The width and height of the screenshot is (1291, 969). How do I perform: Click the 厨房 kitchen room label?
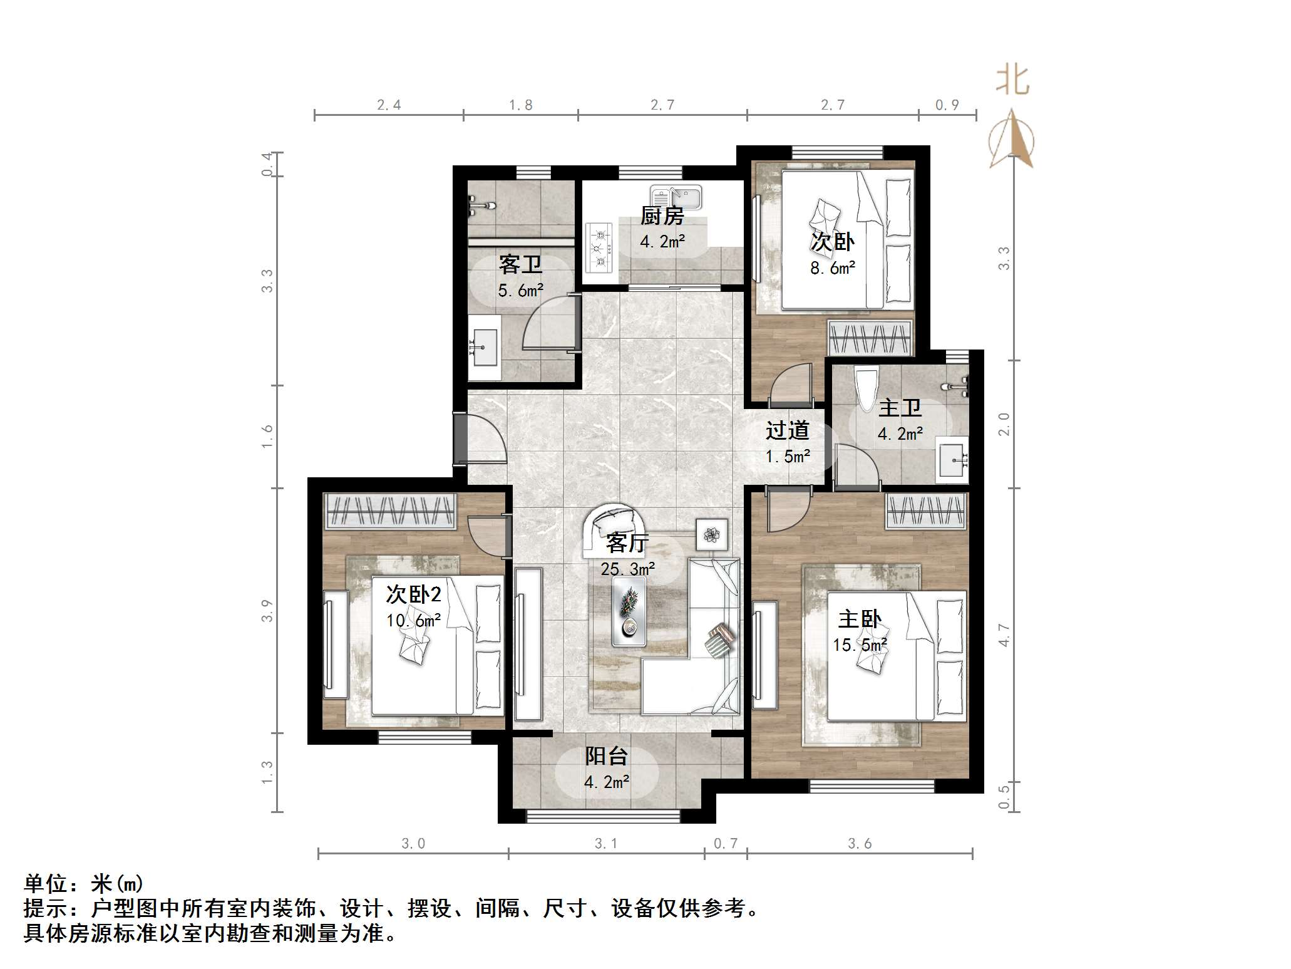(662, 216)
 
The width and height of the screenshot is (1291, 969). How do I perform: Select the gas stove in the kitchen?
(600, 249)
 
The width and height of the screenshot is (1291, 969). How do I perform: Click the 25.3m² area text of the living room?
(627, 569)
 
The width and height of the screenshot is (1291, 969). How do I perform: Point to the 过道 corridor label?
(787, 430)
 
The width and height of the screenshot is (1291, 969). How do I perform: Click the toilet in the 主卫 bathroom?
(867, 389)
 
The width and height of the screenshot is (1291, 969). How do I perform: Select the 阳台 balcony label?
(606, 756)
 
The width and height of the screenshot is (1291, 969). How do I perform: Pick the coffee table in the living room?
(629, 611)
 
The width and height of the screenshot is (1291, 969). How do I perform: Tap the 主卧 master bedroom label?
(860, 619)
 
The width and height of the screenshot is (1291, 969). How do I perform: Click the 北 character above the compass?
(1012, 81)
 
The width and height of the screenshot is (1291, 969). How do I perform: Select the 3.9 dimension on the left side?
(267, 611)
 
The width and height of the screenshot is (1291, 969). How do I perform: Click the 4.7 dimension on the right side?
(1004, 635)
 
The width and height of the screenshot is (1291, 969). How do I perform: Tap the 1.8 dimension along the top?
(520, 105)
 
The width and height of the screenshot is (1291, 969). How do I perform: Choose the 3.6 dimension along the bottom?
(860, 844)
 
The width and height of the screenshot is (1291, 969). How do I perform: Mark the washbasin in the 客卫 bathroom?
(485, 348)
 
